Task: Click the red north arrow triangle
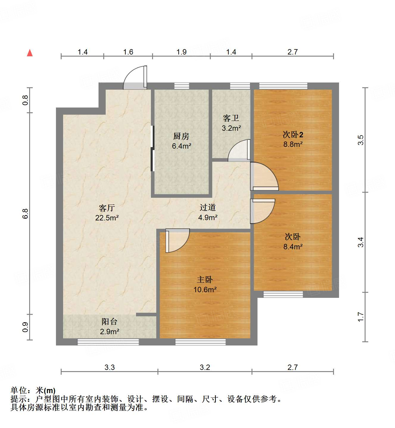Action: coord(30,53)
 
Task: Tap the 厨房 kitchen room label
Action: coord(181,141)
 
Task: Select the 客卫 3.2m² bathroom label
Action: coord(231,123)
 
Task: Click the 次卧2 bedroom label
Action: coord(293,139)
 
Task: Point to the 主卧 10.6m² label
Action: coord(205,284)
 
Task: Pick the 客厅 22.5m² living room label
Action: coord(107,213)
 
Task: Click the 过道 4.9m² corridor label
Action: coord(207,212)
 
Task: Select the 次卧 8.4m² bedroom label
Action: coord(293,242)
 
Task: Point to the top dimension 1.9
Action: coord(181,52)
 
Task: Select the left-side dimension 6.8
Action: coord(25,214)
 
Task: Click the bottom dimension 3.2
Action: coord(205,367)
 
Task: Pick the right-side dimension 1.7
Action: coord(360,317)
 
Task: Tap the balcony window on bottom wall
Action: coord(108,342)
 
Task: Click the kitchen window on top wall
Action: coord(182,86)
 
